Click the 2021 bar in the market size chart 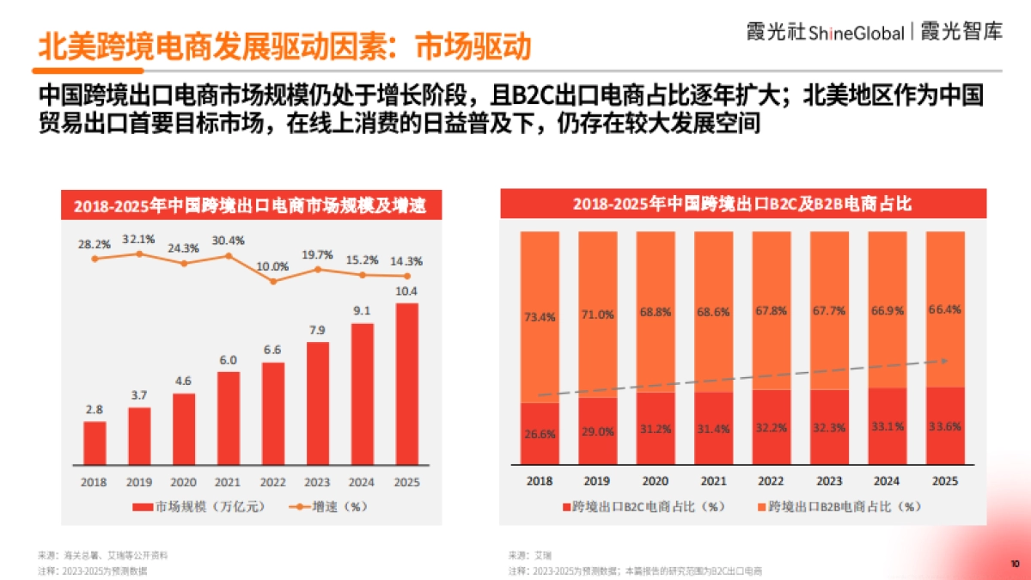pos(229,418)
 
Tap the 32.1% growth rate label pos(138,239)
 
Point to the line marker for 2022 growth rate pos(273,281)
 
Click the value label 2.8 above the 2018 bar pos(95,409)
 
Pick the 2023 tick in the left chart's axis pos(318,482)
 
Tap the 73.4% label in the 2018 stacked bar pos(540,317)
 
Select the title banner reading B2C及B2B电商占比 pos(742,205)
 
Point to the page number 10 pos(1014,564)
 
